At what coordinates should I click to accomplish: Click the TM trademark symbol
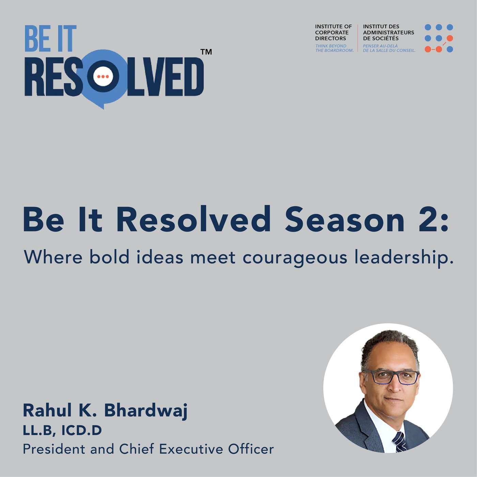point(206,52)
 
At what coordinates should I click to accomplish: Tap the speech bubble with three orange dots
point(103,76)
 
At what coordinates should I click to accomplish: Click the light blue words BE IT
point(50,39)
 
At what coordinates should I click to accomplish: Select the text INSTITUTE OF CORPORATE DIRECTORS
point(333,32)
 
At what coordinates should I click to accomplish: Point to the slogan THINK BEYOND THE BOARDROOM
point(334,48)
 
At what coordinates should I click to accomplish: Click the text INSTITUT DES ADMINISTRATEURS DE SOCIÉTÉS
point(388,32)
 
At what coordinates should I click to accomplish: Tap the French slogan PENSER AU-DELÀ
point(380,46)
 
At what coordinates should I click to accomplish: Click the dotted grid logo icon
point(438,38)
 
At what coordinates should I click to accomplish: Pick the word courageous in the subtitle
point(295,259)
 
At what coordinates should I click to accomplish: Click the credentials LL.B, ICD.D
point(62,431)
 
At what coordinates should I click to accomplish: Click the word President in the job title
point(54,449)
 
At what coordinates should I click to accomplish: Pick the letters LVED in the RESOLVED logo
point(166,76)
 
